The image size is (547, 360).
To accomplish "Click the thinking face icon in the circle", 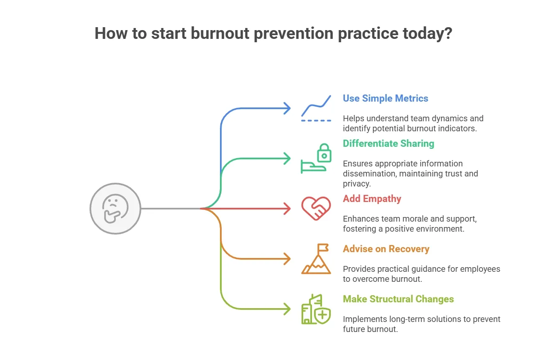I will pyautogui.click(x=115, y=208).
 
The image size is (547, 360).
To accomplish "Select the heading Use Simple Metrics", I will pyautogui.click(x=385, y=99).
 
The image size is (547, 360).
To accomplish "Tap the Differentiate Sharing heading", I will pyautogui.click(x=388, y=144).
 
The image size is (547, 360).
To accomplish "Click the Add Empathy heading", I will pyautogui.click(x=372, y=199).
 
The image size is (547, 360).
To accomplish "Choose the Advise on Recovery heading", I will pyautogui.click(x=386, y=249).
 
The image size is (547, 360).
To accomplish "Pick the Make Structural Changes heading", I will pyautogui.click(x=398, y=299).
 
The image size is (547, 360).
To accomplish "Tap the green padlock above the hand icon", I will pyautogui.click(x=324, y=153).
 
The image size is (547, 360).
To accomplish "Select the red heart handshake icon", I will pyautogui.click(x=316, y=208).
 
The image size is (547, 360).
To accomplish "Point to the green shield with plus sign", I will pyautogui.click(x=322, y=315).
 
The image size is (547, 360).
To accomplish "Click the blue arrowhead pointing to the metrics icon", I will pyautogui.click(x=287, y=109).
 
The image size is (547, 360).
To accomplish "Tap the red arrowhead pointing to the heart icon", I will pyautogui.click(x=287, y=208).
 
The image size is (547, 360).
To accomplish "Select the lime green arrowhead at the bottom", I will pyautogui.click(x=287, y=309).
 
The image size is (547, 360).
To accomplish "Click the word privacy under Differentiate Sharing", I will pyautogui.click(x=356, y=184).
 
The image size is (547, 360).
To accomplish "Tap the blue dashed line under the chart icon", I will pyautogui.click(x=316, y=120).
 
